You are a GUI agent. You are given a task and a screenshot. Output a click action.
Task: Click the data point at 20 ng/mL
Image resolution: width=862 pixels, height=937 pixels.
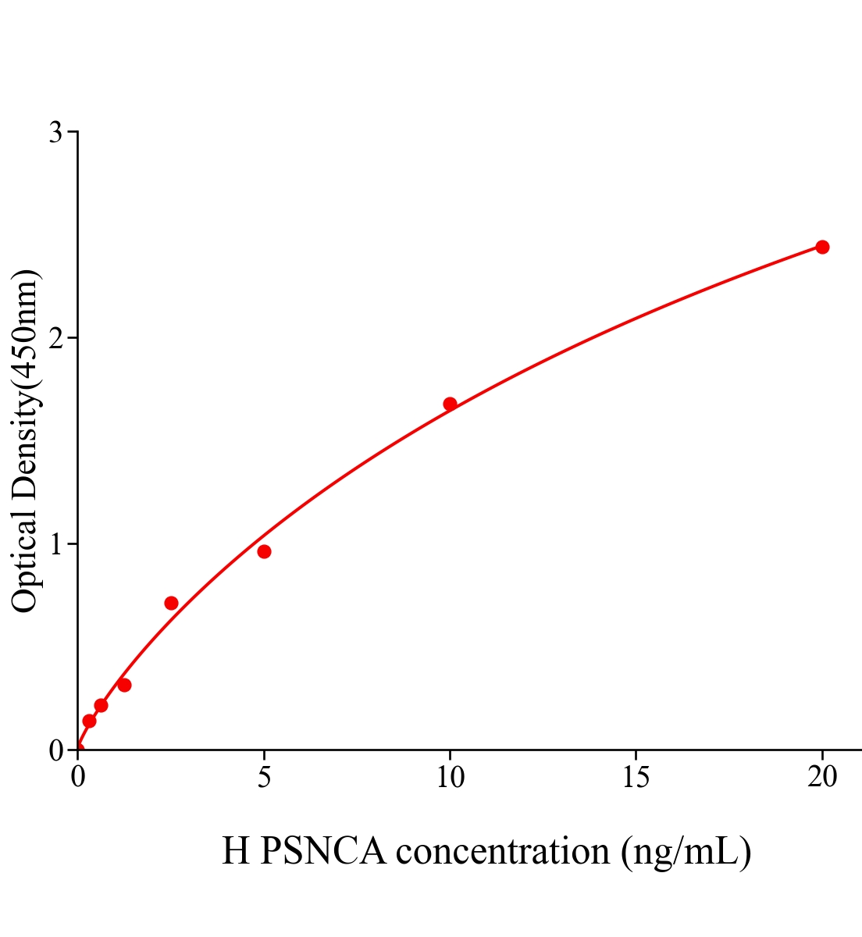822,247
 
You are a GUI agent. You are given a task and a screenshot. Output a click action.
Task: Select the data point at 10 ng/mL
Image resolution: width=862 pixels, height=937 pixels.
450,404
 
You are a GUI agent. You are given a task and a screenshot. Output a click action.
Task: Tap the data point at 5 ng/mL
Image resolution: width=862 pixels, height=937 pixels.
264,551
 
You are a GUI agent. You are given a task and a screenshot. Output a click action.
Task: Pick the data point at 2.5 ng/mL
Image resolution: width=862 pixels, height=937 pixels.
171,603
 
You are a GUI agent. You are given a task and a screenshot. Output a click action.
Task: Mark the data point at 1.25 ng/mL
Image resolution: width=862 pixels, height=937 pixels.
124,685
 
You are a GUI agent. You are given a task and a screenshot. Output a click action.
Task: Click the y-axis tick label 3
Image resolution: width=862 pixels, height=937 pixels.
55,133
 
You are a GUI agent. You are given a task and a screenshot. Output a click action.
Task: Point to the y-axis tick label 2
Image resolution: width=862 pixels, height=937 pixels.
55,338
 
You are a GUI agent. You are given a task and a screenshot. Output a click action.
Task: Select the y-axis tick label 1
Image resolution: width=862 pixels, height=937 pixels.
55,544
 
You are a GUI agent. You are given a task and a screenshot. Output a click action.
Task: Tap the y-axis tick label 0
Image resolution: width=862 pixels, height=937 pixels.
55,750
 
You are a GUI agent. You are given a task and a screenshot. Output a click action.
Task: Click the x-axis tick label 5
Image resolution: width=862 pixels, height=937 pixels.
264,777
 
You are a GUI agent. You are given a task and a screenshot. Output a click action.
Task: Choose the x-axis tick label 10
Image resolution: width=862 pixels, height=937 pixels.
450,777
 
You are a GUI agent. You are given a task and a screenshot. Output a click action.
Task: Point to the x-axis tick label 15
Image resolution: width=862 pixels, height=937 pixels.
636,777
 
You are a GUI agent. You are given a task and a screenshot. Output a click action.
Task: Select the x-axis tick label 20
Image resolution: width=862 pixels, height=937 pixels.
822,777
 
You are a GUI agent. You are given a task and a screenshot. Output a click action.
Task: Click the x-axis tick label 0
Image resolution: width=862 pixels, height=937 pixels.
78,777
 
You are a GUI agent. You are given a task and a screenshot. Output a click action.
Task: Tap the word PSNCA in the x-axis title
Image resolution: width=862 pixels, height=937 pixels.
322,850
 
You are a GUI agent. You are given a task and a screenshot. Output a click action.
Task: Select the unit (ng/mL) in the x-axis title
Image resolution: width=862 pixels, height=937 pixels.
686,850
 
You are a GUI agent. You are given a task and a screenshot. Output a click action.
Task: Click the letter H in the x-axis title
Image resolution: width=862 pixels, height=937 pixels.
236,850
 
